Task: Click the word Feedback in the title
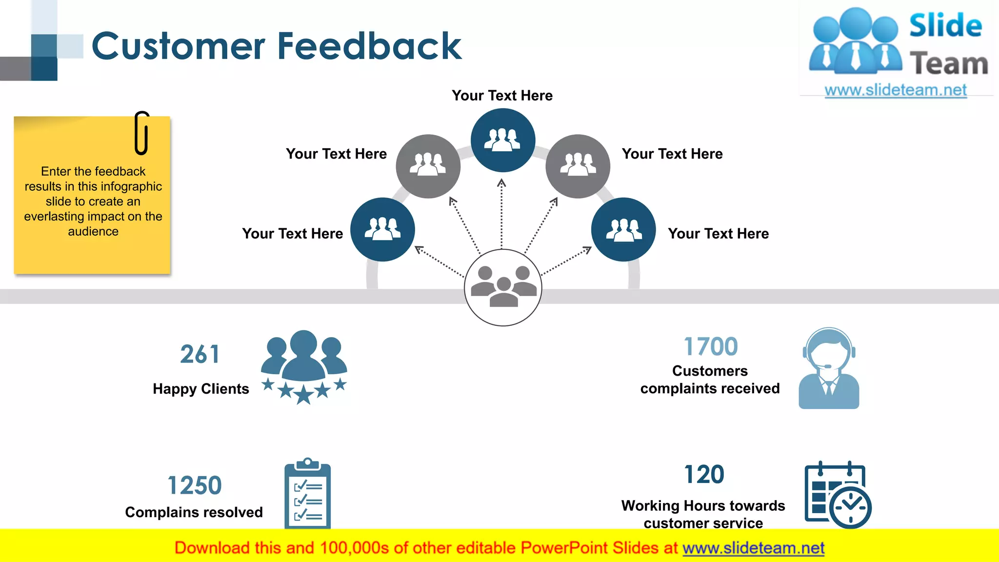[369, 46]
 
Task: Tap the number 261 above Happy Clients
[200, 354]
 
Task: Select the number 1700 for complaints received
[710, 347]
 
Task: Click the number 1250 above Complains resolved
[194, 485]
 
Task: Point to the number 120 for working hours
[704, 474]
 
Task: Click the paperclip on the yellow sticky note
[141, 133]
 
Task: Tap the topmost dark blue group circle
[502, 140]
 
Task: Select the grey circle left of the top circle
[428, 166]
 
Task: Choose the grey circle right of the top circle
[578, 166]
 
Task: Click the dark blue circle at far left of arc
[382, 229]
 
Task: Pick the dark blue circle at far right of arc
[623, 229]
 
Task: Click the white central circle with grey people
[503, 287]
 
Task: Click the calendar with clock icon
[837, 495]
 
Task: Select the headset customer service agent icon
[828, 368]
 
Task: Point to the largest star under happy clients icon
[303, 394]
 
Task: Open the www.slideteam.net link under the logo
[895, 90]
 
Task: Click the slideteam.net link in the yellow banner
[753, 548]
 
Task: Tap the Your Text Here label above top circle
[502, 96]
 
